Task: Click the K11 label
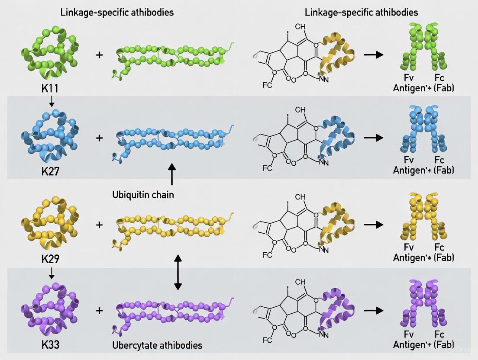[x=50, y=89]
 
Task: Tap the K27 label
[x=50, y=171]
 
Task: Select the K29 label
[x=50, y=259]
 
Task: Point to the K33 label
[x=50, y=345]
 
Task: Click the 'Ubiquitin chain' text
[x=143, y=195]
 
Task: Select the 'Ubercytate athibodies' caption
[x=157, y=345]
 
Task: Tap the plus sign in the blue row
[x=100, y=138]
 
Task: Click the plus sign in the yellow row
[x=100, y=225]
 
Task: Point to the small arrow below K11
[x=52, y=101]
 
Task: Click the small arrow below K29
[x=52, y=273]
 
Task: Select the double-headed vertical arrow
[x=178, y=272]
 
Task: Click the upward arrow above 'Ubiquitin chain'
[x=172, y=175]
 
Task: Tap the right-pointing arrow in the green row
[x=373, y=55]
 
